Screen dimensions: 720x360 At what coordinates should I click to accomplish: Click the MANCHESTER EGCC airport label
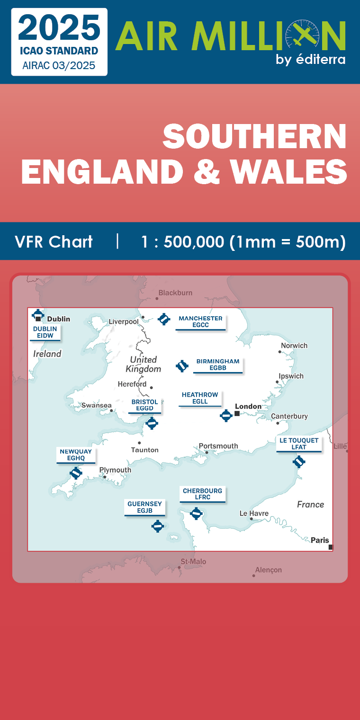tap(200, 322)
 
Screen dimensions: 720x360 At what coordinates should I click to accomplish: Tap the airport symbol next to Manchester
tap(164, 319)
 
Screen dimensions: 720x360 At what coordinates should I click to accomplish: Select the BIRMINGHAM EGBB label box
tap(218, 364)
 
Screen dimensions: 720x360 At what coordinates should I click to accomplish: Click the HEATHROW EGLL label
tap(200, 398)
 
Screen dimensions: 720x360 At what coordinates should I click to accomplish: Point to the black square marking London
tap(237, 413)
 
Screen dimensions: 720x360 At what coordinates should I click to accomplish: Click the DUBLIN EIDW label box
tap(45, 332)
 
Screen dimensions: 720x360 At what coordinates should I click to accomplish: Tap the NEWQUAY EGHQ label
tap(76, 455)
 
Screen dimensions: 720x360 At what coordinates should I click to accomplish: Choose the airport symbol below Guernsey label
tap(158, 525)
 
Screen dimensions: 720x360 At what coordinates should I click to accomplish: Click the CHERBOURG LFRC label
tap(202, 494)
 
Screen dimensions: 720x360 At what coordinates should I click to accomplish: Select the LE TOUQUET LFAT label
tap(299, 444)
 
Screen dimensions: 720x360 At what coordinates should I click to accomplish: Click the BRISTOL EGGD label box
tap(144, 405)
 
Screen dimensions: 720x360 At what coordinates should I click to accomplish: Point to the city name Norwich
tap(294, 346)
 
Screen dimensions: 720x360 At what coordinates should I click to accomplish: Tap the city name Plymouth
tap(115, 470)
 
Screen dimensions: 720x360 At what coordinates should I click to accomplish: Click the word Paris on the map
tap(320, 540)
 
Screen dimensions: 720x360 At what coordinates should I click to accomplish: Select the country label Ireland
tap(47, 354)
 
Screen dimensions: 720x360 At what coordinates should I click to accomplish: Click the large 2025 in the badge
tap(59, 27)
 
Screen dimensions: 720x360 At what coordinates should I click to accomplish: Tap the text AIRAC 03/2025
tap(59, 65)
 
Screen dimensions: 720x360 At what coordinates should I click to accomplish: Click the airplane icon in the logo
tap(303, 36)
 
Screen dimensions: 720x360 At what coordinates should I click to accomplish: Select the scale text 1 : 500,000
tap(182, 242)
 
